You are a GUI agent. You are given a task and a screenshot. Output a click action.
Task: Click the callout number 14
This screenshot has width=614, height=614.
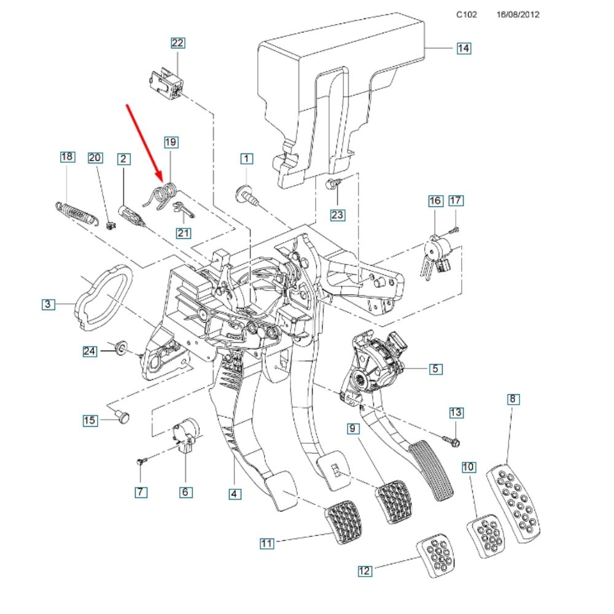[464, 48]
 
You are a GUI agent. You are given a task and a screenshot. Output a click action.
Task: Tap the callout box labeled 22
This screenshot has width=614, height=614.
[177, 42]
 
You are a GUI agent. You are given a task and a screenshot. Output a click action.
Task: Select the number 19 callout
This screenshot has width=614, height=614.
[171, 142]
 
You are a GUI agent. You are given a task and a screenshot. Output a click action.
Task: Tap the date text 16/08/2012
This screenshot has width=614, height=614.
[518, 14]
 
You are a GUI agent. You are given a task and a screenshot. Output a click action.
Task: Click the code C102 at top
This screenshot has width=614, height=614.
[466, 14]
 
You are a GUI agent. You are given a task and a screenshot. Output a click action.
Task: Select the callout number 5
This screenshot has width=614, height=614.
[435, 368]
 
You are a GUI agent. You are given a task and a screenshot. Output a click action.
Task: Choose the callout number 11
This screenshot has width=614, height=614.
[266, 543]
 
